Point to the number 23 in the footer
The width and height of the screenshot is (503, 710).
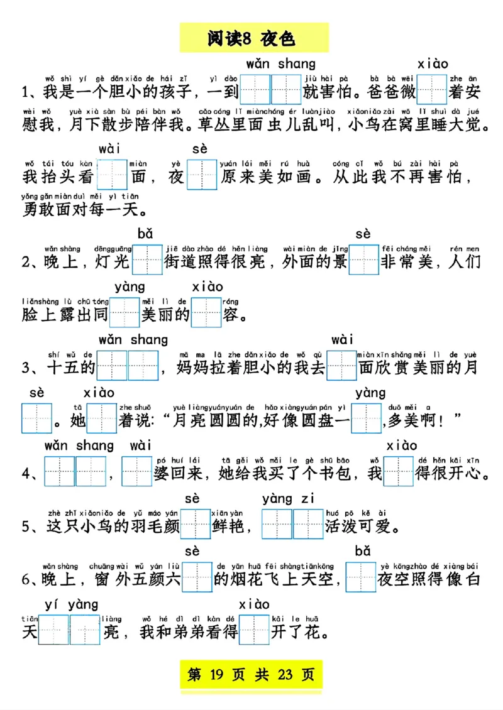pos(285,675)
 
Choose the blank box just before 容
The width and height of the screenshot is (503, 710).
pos(206,312)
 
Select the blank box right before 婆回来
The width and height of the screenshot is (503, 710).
pos(137,471)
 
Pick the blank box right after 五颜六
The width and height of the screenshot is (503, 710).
pos(197,577)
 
